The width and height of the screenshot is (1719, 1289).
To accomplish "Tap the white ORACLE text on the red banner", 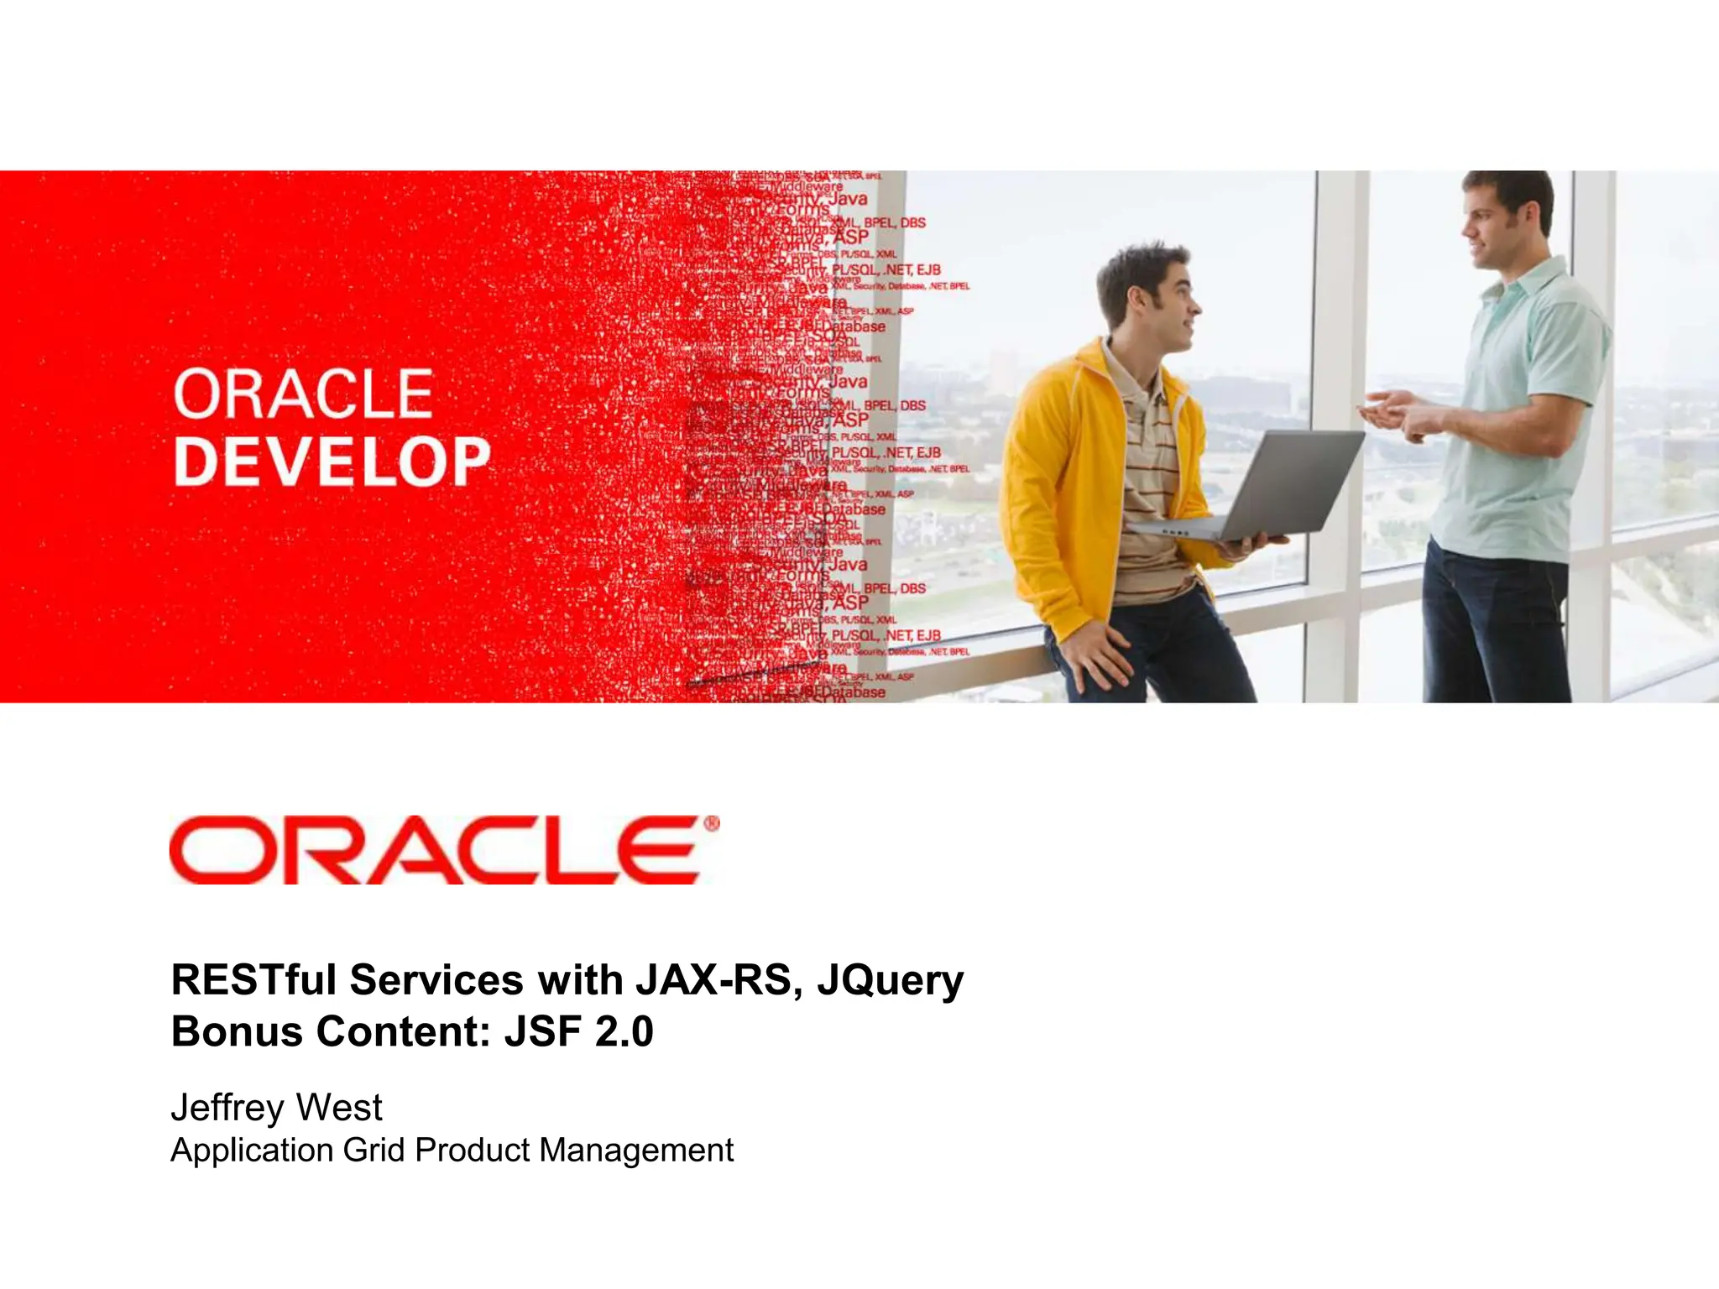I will click(303, 394).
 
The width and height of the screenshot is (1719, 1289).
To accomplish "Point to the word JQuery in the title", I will click(890, 981).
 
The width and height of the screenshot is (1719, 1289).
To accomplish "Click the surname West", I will click(339, 1108).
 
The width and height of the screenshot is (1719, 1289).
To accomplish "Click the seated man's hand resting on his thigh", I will click(1091, 655).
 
